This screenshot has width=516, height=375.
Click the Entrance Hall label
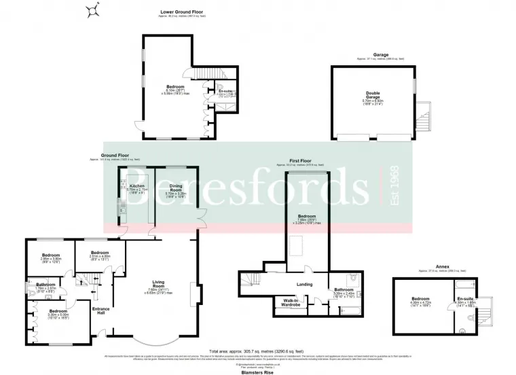tap(101, 310)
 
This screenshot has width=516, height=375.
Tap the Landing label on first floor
tap(304, 285)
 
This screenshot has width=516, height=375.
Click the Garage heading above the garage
tap(380, 55)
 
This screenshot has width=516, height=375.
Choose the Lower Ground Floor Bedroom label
tap(175, 86)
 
